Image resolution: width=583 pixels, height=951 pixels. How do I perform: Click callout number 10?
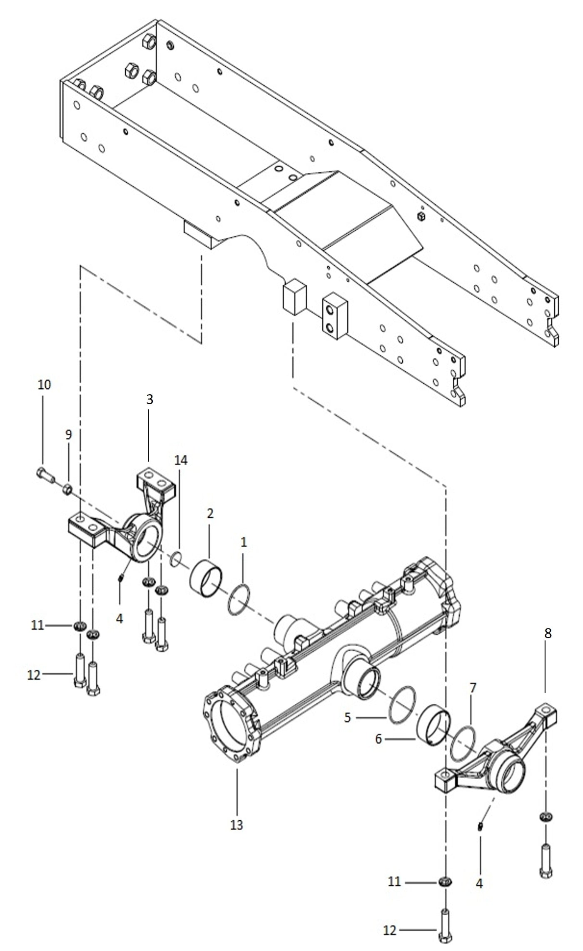point(44,385)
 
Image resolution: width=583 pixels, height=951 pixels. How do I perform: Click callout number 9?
point(68,435)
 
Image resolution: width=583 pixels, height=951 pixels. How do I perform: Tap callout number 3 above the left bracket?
point(149,400)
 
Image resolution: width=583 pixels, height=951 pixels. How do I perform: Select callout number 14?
point(181,460)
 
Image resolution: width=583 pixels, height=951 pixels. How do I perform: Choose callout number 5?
point(348,718)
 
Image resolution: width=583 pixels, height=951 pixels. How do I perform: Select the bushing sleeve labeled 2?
point(206,578)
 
